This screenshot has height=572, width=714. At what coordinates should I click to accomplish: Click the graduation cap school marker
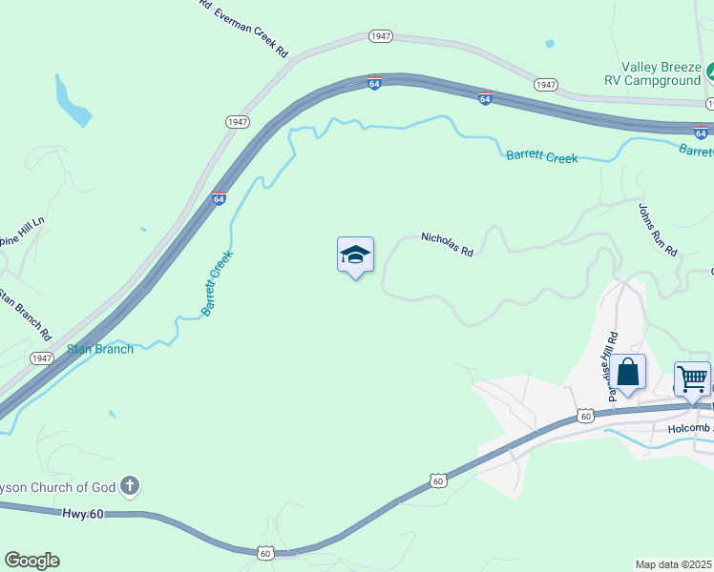pyautogui.click(x=355, y=255)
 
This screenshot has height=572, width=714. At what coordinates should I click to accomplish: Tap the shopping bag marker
pyautogui.click(x=628, y=372)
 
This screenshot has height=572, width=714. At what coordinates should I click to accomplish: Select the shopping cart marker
pyautogui.click(x=692, y=378)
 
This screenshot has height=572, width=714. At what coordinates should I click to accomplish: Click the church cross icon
pyautogui.click(x=130, y=487)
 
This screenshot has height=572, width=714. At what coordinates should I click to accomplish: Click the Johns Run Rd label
pyautogui.click(x=658, y=231)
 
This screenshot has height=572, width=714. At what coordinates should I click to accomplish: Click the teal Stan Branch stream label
pyautogui.click(x=100, y=349)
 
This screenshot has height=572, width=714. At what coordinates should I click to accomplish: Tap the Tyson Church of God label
pyautogui.click(x=57, y=487)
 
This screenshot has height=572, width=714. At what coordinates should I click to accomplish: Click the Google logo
pyautogui.click(x=31, y=561)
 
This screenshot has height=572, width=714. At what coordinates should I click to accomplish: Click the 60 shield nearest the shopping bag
pyautogui.click(x=586, y=417)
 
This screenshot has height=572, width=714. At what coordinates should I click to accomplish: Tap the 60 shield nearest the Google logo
pyautogui.click(x=266, y=552)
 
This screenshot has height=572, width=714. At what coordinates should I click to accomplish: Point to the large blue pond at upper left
pyautogui.click(x=73, y=102)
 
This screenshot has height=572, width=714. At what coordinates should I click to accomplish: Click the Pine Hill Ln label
pyautogui.click(x=24, y=234)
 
